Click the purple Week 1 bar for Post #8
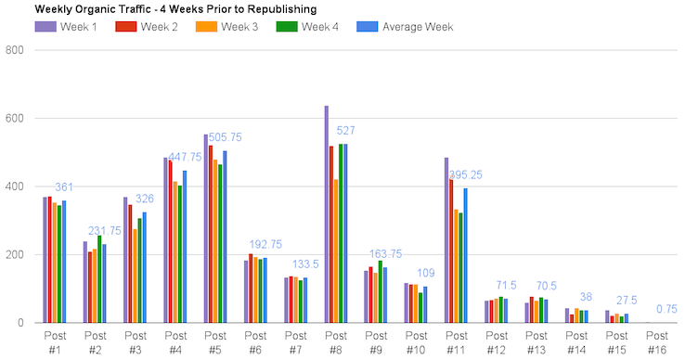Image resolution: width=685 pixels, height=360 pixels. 326,214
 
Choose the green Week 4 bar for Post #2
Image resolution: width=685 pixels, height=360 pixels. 99,279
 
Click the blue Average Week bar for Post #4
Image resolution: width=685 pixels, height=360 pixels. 185,247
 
